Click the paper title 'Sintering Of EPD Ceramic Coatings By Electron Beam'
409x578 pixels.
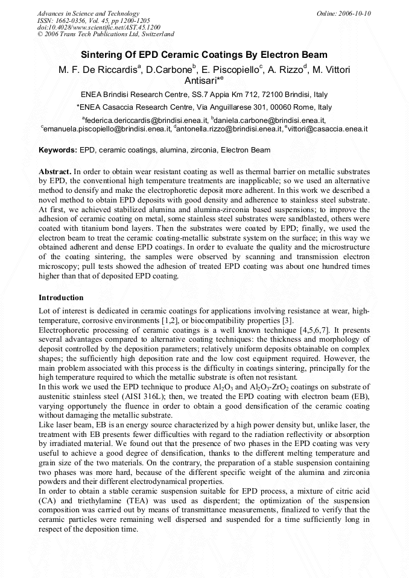tap(204, 55)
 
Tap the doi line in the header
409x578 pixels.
tap(98, 27)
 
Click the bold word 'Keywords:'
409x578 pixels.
tap(58, 150)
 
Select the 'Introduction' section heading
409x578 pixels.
tap(61, 298)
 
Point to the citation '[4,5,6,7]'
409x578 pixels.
tap(319, 330)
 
